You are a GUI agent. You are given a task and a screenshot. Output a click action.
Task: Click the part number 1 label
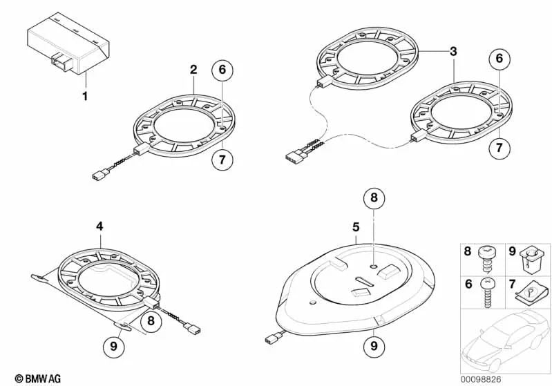click(x=84, y=96)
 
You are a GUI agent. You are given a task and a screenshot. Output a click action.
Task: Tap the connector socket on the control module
click(x=61, y=63)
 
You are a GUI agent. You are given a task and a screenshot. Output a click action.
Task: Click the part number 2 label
click(x=193, y=70)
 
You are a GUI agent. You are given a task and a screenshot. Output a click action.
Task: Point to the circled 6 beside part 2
click(x=222, y=70)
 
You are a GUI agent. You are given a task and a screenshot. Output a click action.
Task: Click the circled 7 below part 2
click(x=222, y=160)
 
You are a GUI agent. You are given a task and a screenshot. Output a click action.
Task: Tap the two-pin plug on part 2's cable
click(x=101, y=175)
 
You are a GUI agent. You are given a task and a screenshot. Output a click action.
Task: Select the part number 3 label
click(x=453, y=51)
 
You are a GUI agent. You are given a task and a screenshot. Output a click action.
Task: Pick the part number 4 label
click(x=99, y=226)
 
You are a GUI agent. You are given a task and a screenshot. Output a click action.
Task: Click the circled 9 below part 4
click(x=113, y=346)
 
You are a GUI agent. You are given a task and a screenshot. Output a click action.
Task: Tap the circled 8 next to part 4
click(x=151, y=320)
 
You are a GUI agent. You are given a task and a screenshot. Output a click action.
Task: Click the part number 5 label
click(x=356, y=227)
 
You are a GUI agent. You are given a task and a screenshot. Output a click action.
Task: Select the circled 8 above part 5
click(x=374, y=197)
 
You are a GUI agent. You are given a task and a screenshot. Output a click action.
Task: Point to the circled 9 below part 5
click(x=374, y=346)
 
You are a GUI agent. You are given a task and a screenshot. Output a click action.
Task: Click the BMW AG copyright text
click(x=38, y=378)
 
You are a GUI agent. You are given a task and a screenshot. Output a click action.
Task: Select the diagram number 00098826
click(x=481, y=380)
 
